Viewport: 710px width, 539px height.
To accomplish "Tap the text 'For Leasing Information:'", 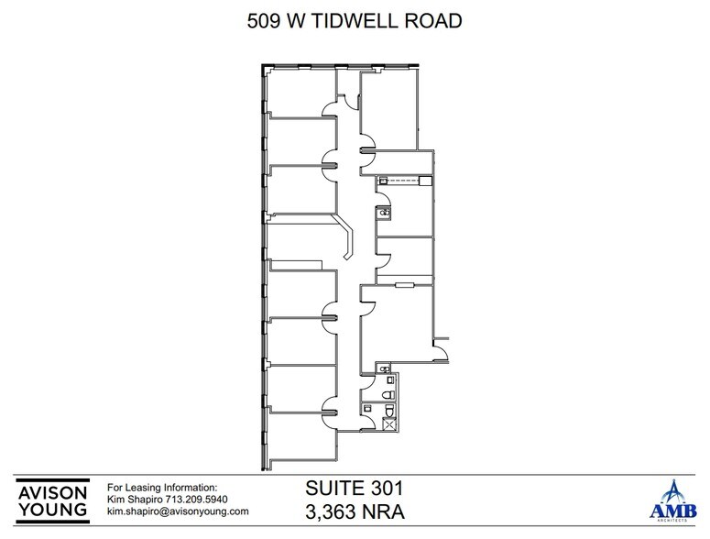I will coord(163,487).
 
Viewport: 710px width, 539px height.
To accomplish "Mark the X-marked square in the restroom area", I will coord(390,423).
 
